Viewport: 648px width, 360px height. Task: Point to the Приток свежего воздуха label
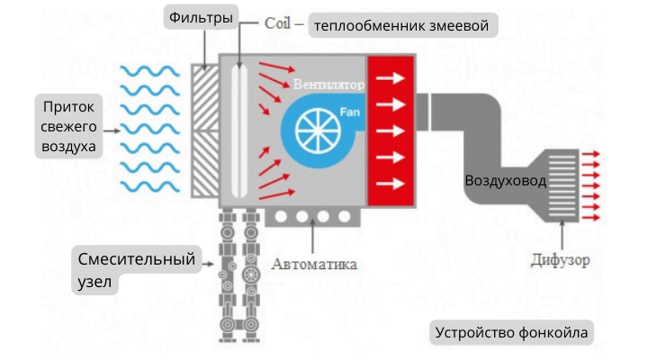[x=68, y=127]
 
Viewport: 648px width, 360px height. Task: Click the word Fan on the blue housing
[x=349, y=112]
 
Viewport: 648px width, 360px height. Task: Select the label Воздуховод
[x=505, y=181]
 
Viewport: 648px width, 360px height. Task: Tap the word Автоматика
[x=314, y=265]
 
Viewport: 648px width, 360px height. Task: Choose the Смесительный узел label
[x=136, y=270]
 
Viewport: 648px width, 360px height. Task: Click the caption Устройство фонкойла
[x=511, y=332]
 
